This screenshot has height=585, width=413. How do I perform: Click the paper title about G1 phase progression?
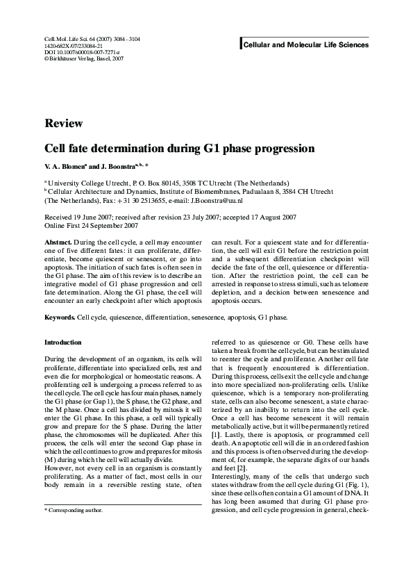pos(180,148)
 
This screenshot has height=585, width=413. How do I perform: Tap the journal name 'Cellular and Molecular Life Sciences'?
pos(305,45)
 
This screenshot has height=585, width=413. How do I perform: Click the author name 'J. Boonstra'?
pos(117,167)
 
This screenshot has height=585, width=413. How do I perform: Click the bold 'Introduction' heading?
pos(63,343)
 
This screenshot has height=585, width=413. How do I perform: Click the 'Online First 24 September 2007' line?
pos(91,226)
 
